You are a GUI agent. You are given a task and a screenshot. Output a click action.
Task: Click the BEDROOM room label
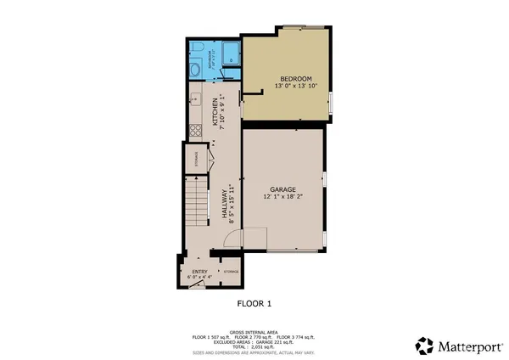coord(285,78)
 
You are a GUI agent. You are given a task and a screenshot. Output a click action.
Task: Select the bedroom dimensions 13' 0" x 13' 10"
coord(285,86)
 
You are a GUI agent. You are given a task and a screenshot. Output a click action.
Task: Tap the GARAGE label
coord(282,190)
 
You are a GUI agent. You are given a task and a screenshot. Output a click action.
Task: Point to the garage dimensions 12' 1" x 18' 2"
coord(282,198)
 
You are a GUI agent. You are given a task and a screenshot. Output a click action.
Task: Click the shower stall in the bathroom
coord(230,53)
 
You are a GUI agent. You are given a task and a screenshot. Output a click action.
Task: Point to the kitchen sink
coord(193,100)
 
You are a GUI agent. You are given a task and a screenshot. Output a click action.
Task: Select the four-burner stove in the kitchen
coord(193,130)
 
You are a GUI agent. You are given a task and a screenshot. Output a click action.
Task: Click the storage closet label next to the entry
coord(231,271)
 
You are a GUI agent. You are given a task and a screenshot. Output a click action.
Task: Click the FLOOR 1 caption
coord(254,302)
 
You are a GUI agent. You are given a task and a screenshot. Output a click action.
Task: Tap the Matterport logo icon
coord(424,346)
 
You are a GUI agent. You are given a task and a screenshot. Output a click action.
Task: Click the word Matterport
coord(469,346)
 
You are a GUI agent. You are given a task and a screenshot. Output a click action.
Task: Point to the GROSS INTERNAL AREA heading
coord(254,332)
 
